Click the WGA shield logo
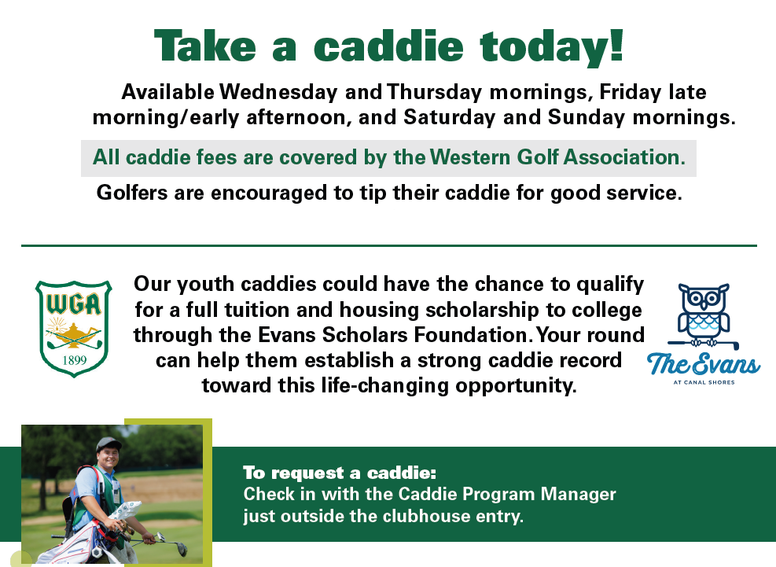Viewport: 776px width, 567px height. point(73,328)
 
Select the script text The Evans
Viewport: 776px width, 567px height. point(703,365)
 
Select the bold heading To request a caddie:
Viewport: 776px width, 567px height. point(339,473)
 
